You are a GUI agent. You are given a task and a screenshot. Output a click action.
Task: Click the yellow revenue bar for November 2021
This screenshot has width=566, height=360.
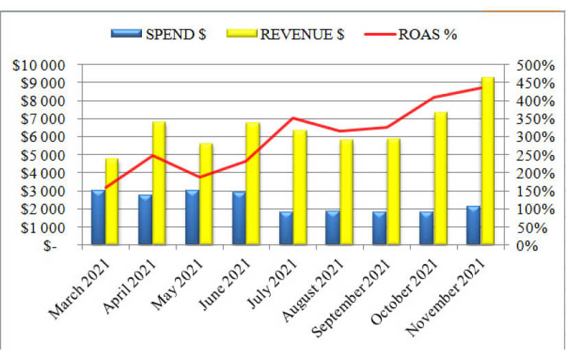pos(488,161)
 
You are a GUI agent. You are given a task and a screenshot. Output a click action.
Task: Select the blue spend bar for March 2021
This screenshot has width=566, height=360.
pos(98,217)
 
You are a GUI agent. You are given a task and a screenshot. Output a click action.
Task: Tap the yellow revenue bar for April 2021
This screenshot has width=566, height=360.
pos(159,183)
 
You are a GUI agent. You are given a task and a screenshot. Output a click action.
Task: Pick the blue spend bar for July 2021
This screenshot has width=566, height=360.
pos(285,228)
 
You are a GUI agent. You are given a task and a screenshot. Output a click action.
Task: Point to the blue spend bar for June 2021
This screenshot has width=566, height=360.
pos(239,218)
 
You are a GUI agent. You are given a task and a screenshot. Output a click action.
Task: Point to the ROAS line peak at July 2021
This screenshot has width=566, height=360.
pos(292,118)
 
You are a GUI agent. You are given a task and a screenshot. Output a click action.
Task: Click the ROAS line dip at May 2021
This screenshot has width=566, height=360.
pos(199,177)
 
